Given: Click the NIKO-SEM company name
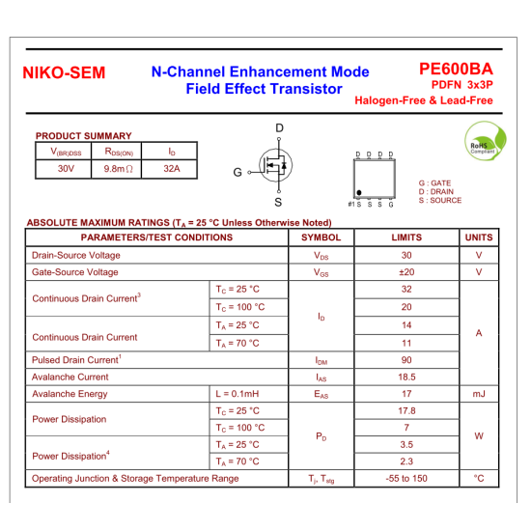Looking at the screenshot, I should pos(64,73).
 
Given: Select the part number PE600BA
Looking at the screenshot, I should pos(456,69).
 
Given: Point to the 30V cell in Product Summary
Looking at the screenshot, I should pos(66,169).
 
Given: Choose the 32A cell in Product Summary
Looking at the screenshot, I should pos(172,169).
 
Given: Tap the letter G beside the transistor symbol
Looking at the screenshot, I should pos(237,173).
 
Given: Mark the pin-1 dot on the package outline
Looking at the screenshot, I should pos(360,193).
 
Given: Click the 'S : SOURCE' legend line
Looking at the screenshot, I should pos(439,201).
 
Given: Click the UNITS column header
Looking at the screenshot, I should pos(479,238).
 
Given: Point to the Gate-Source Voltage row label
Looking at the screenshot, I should pos(75,272).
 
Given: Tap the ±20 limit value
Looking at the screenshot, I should pos(406,272).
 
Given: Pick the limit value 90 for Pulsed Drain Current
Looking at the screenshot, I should pos(406,360).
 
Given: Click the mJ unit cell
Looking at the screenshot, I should pos(479,394).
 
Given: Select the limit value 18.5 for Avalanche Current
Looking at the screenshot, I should pos(406,377).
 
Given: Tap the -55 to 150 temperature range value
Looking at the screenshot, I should pos(406,478).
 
